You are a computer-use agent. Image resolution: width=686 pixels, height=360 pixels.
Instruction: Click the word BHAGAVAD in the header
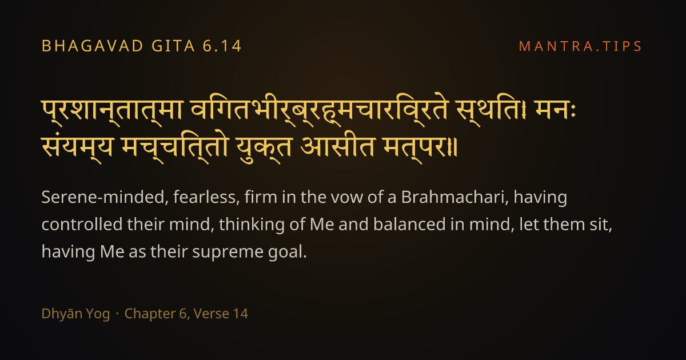93,46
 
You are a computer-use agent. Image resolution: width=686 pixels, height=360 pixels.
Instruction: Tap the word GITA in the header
173,46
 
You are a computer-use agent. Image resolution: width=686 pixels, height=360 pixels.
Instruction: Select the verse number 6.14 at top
222,46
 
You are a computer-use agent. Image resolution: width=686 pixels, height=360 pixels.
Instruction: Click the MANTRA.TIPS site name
580,46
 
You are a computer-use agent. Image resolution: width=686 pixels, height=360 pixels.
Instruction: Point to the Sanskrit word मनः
555,110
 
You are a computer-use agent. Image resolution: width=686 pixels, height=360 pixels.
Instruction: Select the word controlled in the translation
82,224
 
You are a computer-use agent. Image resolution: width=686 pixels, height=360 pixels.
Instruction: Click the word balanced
409,224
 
